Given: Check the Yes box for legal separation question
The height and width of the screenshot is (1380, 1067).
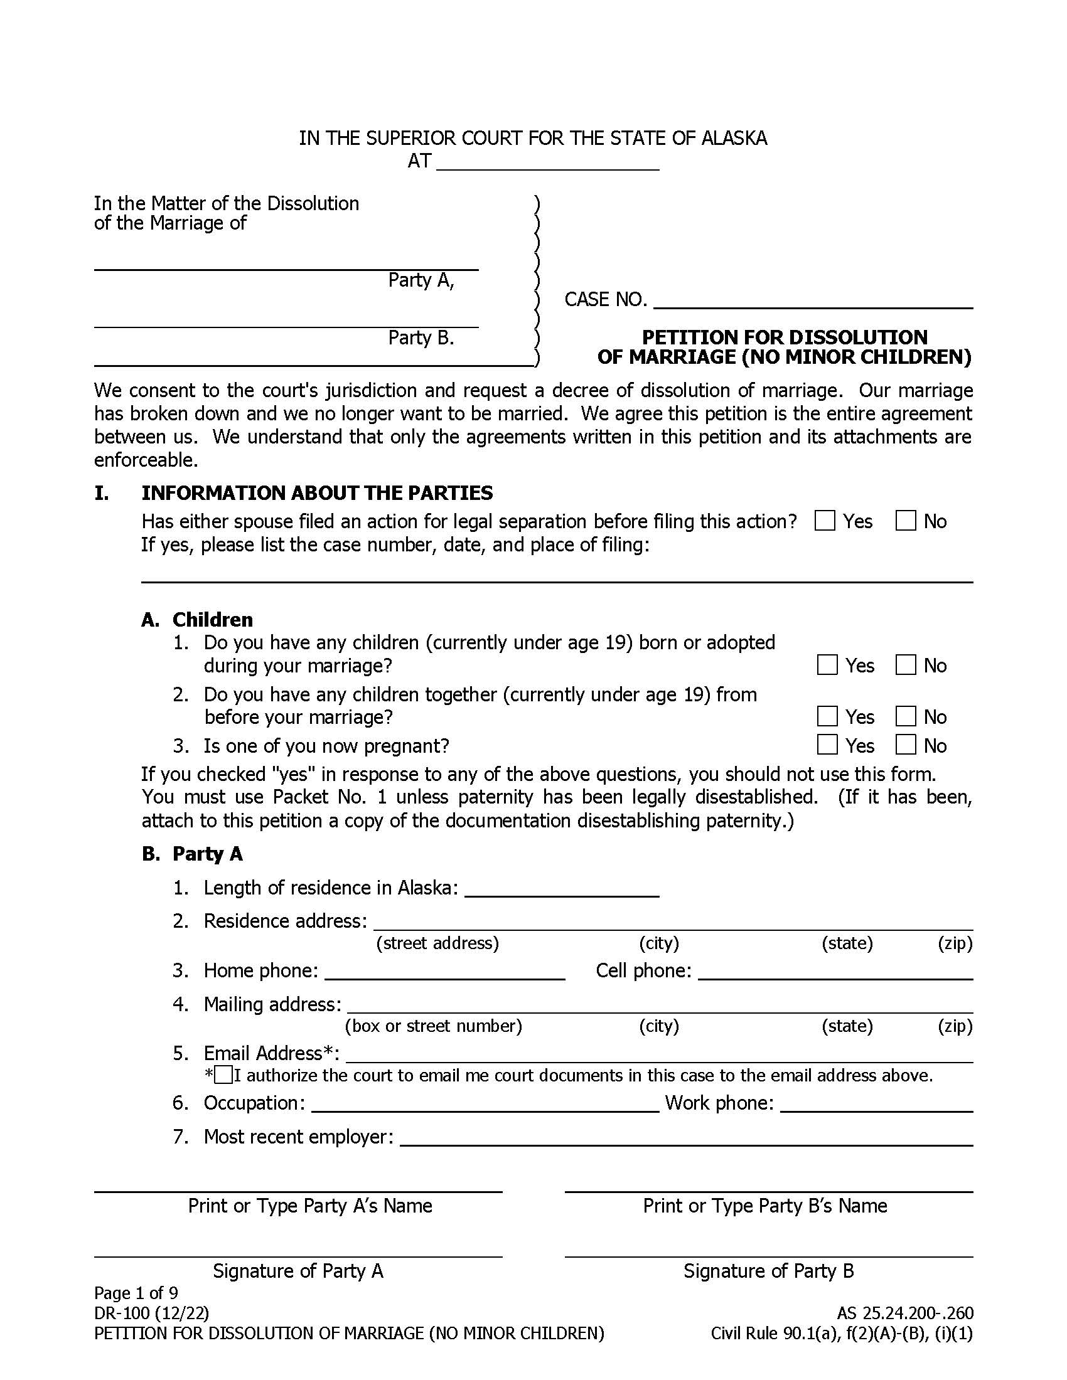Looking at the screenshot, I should [825, 521].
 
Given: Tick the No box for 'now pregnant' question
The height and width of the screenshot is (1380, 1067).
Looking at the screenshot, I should [905, 745].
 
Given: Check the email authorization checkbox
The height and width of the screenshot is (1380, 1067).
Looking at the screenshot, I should [224, 1075].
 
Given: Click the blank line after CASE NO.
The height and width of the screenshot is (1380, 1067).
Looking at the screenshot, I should [812, 300].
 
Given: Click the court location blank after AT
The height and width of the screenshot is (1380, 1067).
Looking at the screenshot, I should [547, 162].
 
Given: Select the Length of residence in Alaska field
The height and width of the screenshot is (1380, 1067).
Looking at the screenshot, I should [561, 888].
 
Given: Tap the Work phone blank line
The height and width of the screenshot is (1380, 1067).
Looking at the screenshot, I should [876, 1103].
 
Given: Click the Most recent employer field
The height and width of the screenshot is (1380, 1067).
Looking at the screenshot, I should [686, 1137].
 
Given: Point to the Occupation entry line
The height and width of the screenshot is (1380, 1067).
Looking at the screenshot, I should [485, 1103].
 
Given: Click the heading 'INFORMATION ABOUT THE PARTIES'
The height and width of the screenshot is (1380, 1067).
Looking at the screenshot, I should [317, 493].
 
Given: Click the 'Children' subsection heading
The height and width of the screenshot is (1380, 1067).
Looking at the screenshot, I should [212, 619].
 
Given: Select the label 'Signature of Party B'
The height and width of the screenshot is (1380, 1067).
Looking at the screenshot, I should [768, 1271].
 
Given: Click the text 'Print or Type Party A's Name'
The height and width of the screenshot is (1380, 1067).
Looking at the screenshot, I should [309, 1206].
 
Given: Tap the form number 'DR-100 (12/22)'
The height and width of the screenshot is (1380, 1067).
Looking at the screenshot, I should [151, 1313].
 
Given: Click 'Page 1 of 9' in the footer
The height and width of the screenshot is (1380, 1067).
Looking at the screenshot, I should [136, 1293].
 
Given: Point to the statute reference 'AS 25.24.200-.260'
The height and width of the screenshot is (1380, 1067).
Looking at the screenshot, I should [904, 1313].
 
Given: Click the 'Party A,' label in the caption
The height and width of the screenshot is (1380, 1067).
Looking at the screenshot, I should [421, 280].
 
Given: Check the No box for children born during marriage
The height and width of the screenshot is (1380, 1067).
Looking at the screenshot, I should [905, 665].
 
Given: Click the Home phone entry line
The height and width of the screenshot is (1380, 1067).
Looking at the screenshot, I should [444, 971].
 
